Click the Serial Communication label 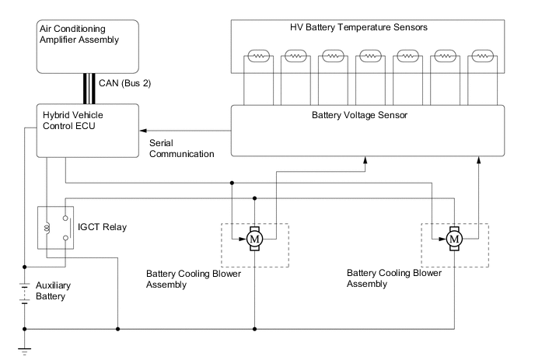181,149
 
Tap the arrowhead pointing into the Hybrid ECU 143,131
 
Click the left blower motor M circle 254,239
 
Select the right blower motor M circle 454,239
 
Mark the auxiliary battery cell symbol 25,291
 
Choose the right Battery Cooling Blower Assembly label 394,279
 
